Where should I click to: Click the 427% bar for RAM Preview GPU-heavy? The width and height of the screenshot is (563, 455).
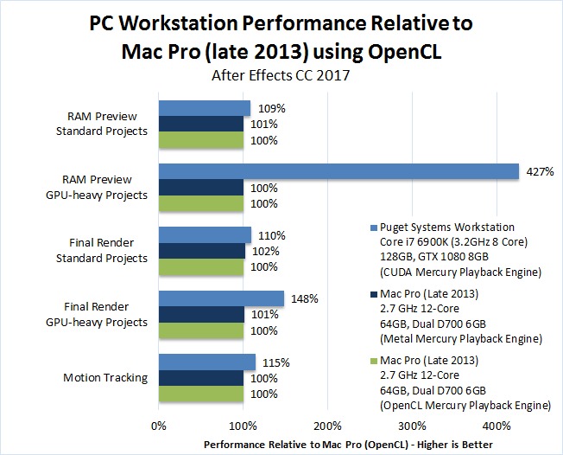[x=338, y=171]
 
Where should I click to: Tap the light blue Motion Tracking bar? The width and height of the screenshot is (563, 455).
[x=206, y=362]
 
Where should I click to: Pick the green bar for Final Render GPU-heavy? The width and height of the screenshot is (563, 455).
[x=200, y=330]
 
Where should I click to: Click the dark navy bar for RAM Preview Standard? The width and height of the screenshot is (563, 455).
[x=201, y=125]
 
